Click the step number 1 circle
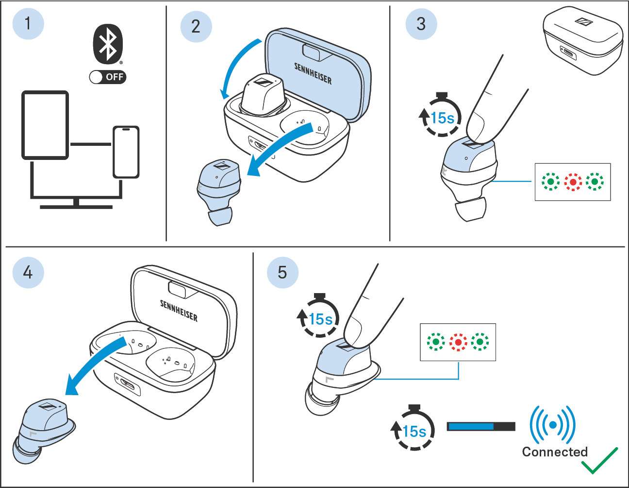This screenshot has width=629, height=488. [28, 23]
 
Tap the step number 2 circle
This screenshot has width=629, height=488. [196, 26]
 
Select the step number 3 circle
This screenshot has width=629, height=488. [421, 24]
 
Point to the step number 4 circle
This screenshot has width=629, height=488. [28, 272]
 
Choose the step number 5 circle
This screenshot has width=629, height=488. [282, 272]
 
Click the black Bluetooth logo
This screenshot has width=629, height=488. [108, 44]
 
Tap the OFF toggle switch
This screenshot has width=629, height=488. [108, 77]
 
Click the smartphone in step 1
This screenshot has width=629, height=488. [126, 152]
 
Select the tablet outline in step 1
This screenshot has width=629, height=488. [45, 125]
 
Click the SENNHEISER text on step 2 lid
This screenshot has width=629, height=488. [313, 73]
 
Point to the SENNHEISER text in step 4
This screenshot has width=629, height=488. [179, 311]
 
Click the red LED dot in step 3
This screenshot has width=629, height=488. [573, 182]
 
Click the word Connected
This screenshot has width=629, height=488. [555, 452]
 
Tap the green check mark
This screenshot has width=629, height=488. [599, 461]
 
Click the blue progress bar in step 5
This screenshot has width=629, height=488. [470, 426]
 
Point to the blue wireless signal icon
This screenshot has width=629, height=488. [552, 425]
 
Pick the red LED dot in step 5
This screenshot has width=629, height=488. [458, 342]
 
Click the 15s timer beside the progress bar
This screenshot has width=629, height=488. [413, 430]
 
